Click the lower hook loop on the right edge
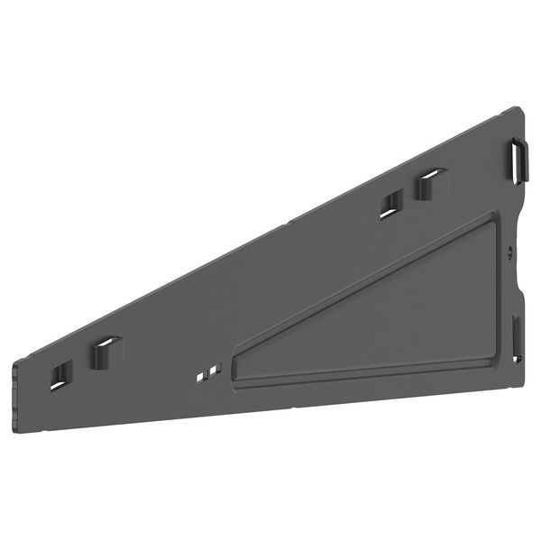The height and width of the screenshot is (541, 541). [517, 336]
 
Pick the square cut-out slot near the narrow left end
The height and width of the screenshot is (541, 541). [60, 374]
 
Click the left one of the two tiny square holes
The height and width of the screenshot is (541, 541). [204, 372]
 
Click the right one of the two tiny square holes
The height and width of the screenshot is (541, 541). [215, 368]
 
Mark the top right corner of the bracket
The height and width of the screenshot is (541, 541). [518, 109]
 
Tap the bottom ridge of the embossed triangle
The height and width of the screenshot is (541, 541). [361, 375]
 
